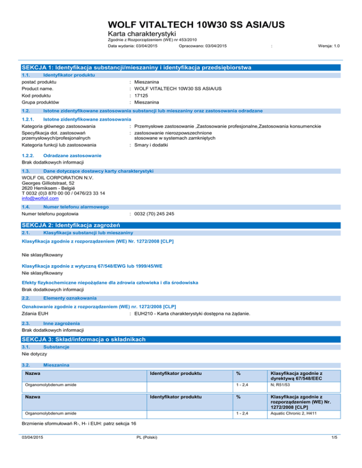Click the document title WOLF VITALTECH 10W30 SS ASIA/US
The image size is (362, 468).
pyautogui.click(x=195, y=25)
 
